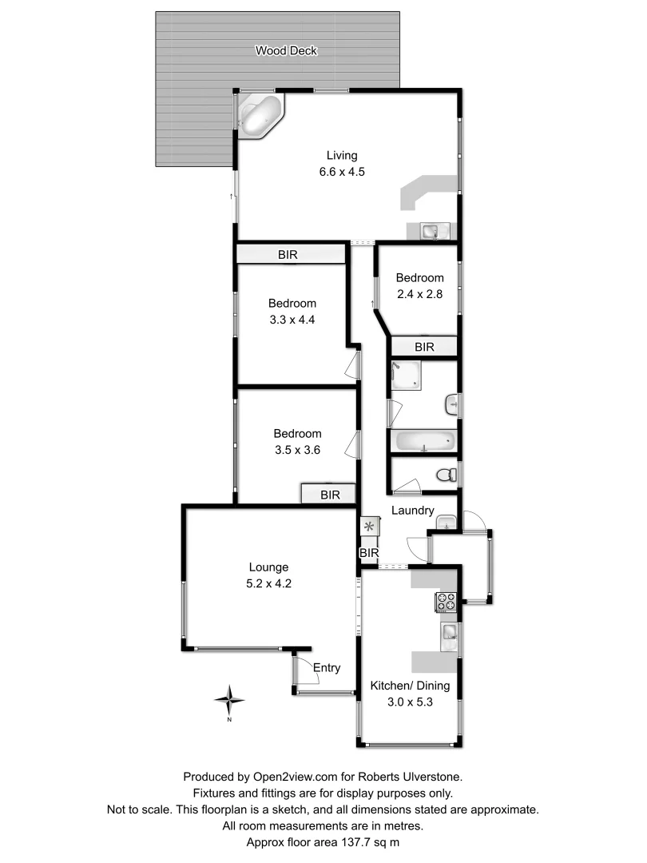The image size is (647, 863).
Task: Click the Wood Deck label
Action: click(286, 51)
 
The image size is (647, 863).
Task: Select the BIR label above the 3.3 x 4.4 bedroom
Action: click(288, 256)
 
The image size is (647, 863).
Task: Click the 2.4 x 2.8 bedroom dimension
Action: click(419, 293)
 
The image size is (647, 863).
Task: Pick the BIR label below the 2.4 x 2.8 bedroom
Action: click(424, 347)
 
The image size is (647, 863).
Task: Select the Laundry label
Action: click(413, 511)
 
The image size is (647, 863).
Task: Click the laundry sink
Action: click(446, 523)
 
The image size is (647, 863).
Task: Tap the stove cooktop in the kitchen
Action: click(446, 603)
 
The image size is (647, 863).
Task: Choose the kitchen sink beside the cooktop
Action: click(449, 634)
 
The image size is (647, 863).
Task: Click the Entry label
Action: click(327, 668)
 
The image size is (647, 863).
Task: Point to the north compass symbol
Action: click(230, 700)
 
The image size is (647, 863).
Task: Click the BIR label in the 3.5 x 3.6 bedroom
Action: click(331, 495)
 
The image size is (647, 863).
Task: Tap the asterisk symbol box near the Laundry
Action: click(370, 527)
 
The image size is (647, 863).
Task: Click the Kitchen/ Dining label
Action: click(410, 686)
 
